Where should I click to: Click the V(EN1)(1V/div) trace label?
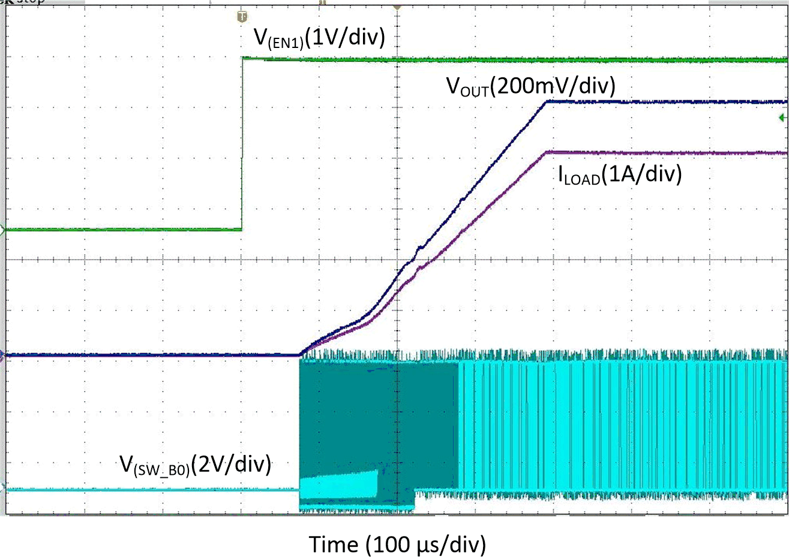[319, 38]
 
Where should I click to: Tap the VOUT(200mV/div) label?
[530, 87]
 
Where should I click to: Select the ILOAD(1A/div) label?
[620, 174]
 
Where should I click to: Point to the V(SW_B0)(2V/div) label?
[195, 464]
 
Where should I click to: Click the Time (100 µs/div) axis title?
[397, 545]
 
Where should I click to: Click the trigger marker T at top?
[242, 17]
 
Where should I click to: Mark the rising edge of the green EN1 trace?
[242, 144]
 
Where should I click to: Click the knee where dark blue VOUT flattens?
[545, 102]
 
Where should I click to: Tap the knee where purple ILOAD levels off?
[547, 152]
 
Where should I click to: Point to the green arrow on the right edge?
[782, 118]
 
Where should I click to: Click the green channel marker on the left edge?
[3, 230]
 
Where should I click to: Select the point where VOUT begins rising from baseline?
[300, 355]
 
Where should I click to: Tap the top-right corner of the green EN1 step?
[243, 58]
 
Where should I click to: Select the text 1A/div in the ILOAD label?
[641, 174]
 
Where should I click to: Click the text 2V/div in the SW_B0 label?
[231, 464]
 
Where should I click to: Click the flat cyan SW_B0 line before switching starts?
[150, 490]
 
